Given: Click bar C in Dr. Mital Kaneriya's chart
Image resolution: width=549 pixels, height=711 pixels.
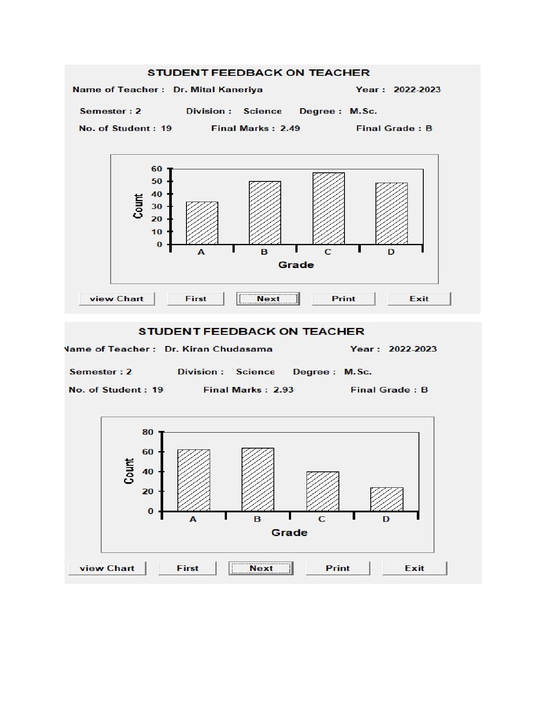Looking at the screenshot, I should [329, 209].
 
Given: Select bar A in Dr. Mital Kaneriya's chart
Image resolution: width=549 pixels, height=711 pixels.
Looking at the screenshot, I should [202, 223].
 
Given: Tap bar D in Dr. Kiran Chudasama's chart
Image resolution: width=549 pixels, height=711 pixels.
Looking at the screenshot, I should [387, 499].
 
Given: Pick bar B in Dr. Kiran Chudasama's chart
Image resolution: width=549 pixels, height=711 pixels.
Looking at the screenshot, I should [257, 480].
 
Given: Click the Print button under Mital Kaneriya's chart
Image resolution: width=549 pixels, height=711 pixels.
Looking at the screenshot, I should [343, 299].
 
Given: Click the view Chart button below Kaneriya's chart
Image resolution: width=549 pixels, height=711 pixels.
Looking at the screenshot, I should [117, 299].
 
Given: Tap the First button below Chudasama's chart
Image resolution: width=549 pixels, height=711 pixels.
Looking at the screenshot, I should [187, 568].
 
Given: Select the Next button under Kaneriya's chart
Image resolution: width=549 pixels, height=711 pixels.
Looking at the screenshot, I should [268, 299].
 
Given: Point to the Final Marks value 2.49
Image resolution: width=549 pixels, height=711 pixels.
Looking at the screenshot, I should [290, 128].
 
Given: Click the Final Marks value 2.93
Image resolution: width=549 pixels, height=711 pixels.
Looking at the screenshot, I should [283, 390].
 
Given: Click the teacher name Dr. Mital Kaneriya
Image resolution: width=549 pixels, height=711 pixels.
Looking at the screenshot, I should [218, 90].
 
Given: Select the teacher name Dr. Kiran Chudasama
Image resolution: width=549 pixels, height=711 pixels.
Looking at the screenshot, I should [218, 349].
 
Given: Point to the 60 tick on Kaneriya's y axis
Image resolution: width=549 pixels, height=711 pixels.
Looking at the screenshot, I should [157, 169].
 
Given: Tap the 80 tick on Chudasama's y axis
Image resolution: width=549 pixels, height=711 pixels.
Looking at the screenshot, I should [148, 432].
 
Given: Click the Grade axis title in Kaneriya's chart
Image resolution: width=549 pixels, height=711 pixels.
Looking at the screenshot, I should [296, 265].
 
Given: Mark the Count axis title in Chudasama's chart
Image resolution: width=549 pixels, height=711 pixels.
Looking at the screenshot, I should [129, 471].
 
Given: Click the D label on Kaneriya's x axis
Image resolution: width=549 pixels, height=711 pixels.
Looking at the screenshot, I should [391, 252].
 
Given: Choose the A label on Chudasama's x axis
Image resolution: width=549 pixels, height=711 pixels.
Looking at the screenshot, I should [193, 519].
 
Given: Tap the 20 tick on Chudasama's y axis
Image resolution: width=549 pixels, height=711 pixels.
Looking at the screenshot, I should [148, 491].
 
